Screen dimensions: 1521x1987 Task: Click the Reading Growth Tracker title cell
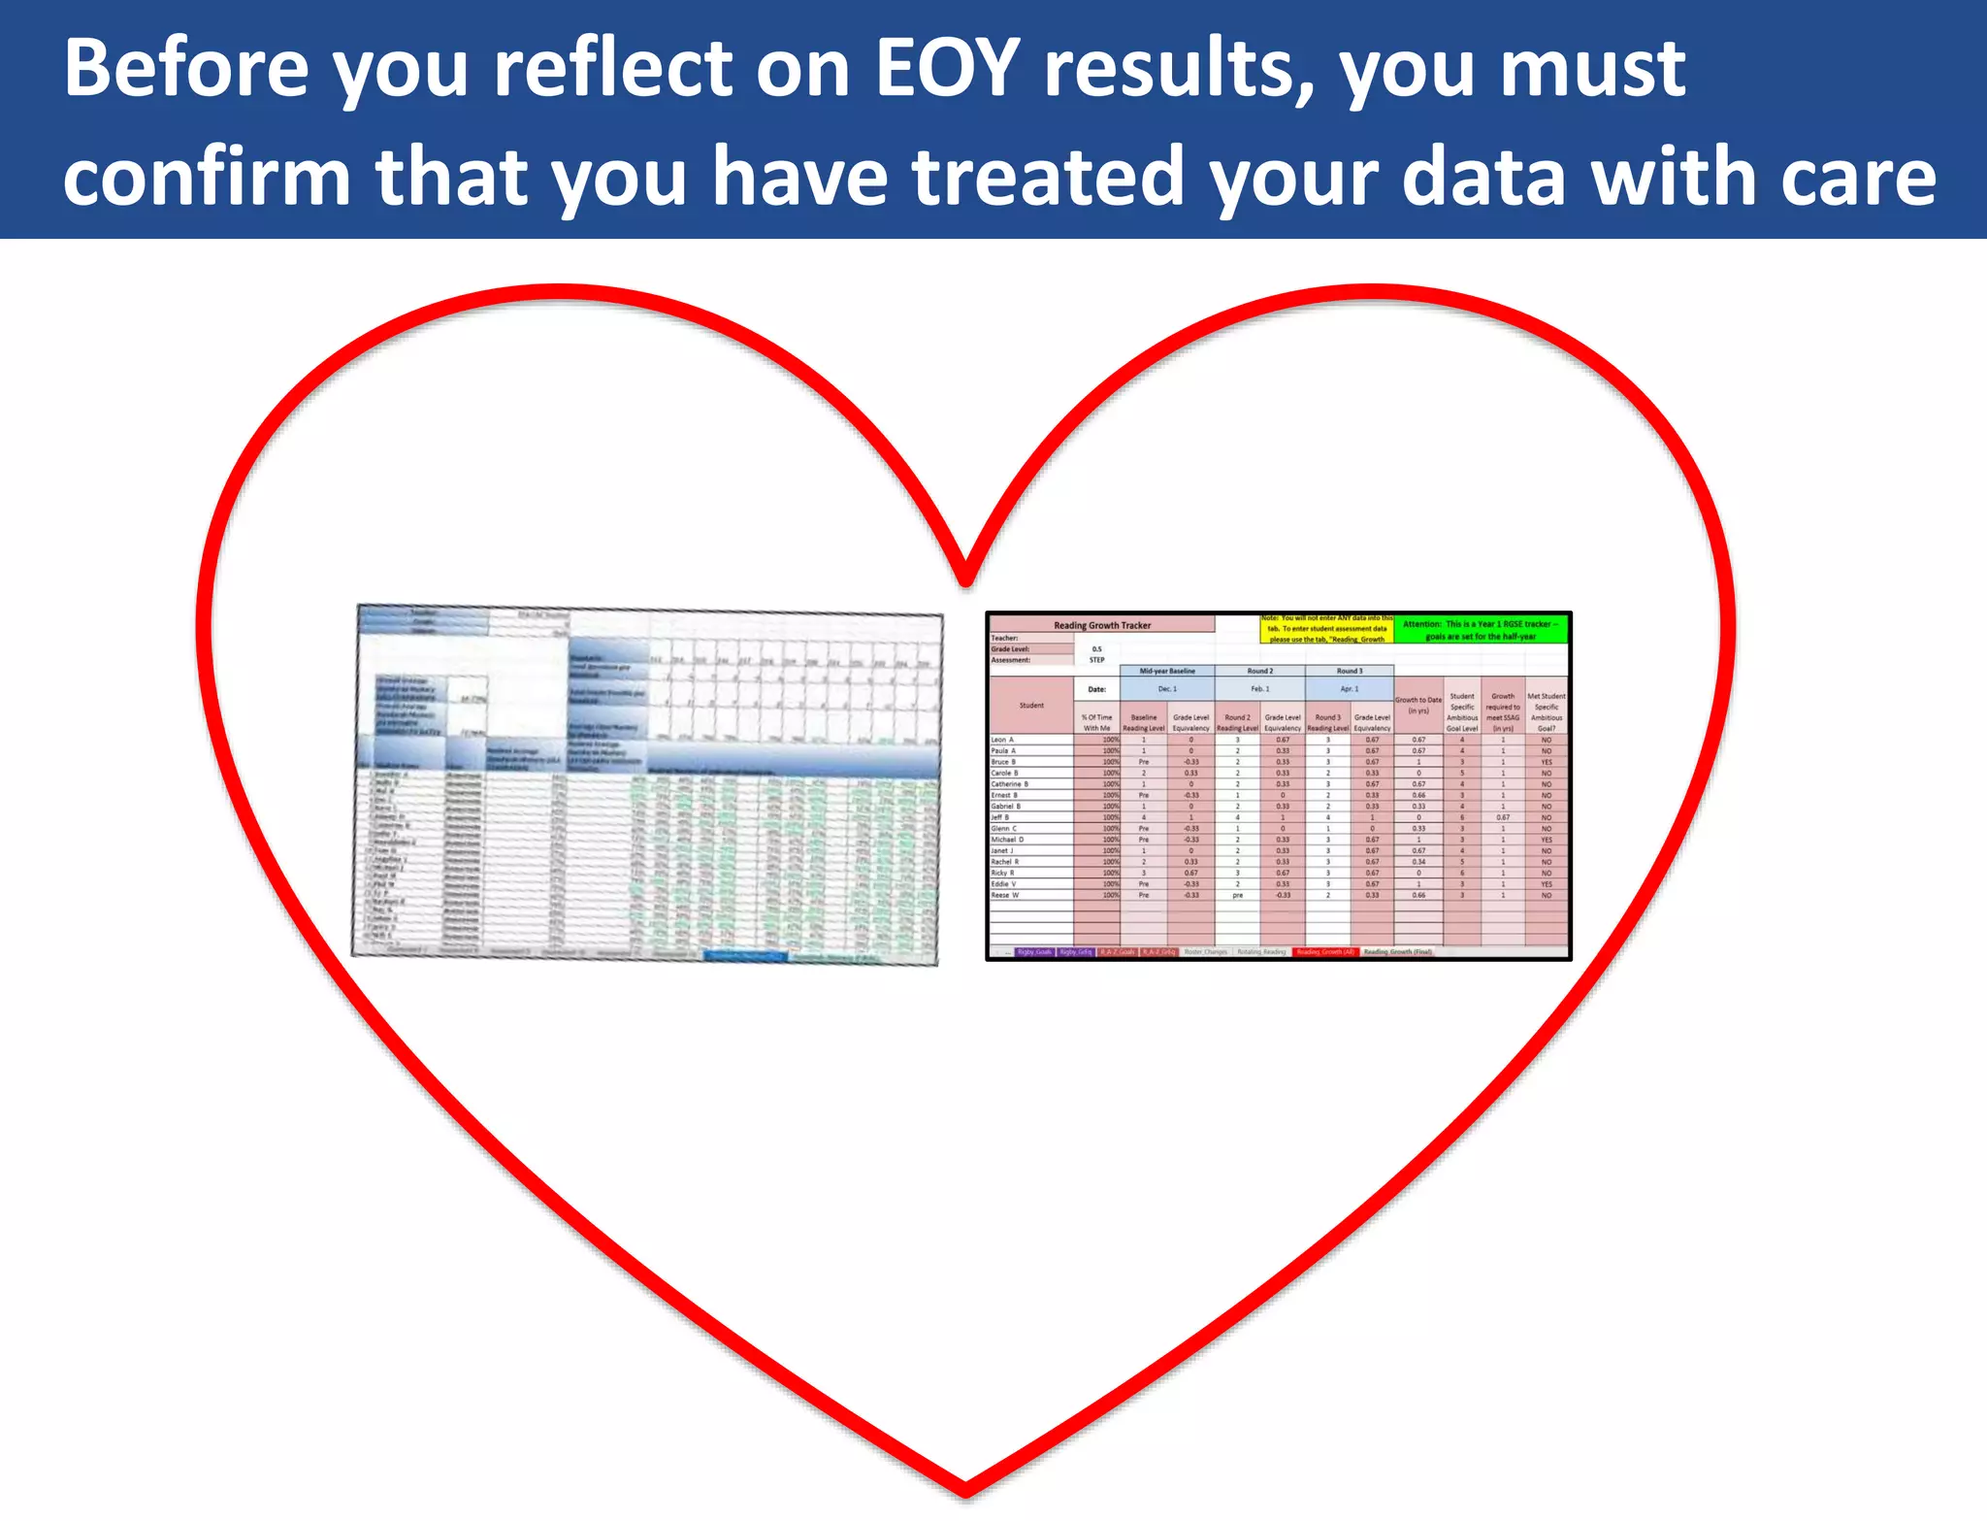tap(1101, 625)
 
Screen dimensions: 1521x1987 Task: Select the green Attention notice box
tap(1480, 630)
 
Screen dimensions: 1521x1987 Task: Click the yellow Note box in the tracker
tap(1326, 629)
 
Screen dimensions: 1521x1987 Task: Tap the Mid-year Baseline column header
tap(1167, 671)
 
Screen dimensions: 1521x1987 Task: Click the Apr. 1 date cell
tap(1349, 689)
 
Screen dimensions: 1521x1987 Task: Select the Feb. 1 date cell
tap(1259, 689)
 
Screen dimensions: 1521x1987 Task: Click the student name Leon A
tap(1002, 740)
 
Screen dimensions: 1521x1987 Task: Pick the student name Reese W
tap(1004, 895)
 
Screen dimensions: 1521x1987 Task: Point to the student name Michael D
tap(1007, 840)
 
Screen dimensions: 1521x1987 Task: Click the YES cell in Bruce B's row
tap(1546, 762)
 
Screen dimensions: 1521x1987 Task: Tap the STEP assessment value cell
tap(1096, 660)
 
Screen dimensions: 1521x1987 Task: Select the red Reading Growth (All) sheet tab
tap(1325, 952)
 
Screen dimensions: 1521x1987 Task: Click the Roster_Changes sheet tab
tap(1205, 952)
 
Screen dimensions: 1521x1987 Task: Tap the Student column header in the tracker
tap(1031, 706)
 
